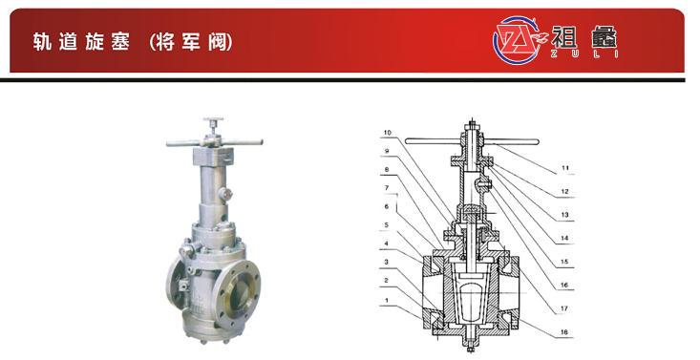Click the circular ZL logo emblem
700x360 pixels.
click(517, 41)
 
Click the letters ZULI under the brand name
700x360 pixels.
click(584, 53)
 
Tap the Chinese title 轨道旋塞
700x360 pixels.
click(81, 42)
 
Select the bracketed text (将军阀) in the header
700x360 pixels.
click(191, 42)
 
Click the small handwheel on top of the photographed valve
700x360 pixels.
click(213, 120)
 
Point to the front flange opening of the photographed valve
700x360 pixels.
click(241, 293)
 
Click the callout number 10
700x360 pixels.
click(387, 133)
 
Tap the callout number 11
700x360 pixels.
click(565, 168)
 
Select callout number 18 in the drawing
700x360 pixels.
click(563, 332)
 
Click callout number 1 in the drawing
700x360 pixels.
click(387, 300)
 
